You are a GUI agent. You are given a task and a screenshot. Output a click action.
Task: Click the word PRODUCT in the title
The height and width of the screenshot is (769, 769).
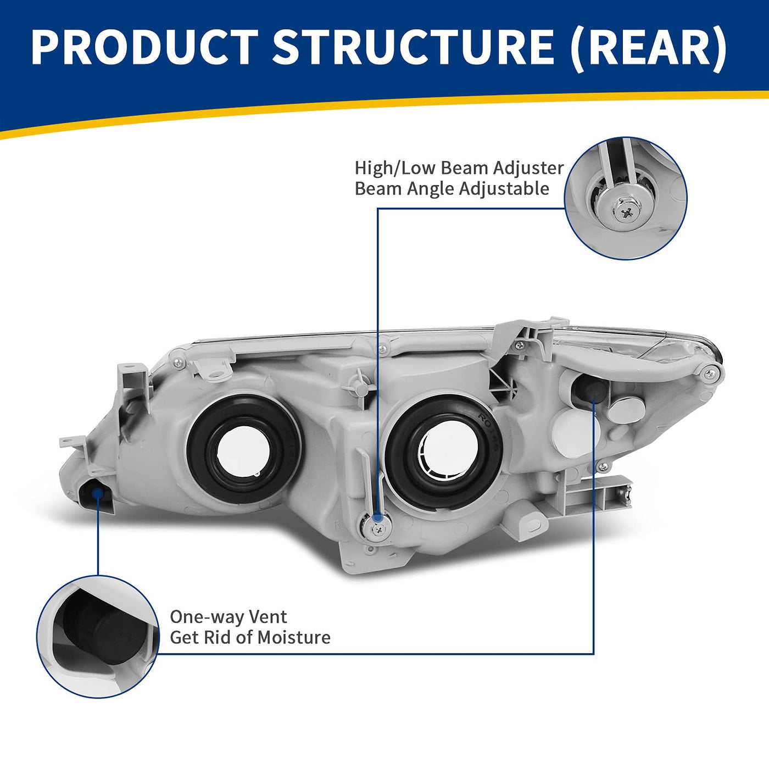tap(144, 47)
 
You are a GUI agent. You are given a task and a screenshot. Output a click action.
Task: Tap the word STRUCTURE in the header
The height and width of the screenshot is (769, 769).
tap(413, 47)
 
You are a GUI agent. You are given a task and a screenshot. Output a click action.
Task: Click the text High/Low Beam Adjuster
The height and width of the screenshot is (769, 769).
tap(459, 168)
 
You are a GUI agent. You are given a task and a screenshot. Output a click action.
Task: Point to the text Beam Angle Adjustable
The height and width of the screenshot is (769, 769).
tap(452, 188)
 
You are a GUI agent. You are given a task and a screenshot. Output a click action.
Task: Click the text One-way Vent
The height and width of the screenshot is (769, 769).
tap(228, 617)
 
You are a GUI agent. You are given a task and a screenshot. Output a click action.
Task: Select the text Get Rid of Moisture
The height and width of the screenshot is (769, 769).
tap(250, 637)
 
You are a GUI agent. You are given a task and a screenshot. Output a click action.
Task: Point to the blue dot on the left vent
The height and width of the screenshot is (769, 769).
tap(98, 493)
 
